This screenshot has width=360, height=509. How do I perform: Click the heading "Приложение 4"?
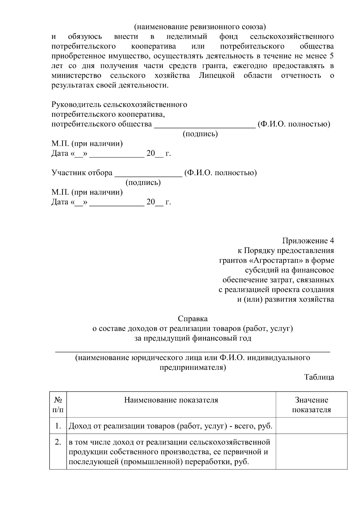click(x=308, y=241)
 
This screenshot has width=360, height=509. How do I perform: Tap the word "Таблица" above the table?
click(x=319, y=377)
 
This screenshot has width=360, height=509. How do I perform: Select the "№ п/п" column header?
click(x=58, y=405)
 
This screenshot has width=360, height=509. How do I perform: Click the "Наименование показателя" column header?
click(x=171, y=400)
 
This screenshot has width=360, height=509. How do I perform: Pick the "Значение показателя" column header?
click(x=311, y=405)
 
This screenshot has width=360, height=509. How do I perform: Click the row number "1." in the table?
click(x=58, y=426)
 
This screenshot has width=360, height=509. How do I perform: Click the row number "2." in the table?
click(x=58, y=442)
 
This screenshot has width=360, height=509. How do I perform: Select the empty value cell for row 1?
click(x=311, y=426)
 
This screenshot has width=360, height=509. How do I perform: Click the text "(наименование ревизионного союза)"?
click(x=200, y=27)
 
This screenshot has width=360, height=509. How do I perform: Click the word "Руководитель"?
click(x=76, y=105)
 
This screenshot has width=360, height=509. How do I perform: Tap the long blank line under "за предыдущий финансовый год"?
click(x=192, y=351)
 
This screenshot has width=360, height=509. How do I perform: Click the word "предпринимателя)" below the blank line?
click(x=192, y=367)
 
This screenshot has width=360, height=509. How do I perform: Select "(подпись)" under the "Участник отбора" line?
click(x=143, y=182)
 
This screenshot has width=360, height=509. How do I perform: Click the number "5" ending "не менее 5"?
click(x=331, y=56)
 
